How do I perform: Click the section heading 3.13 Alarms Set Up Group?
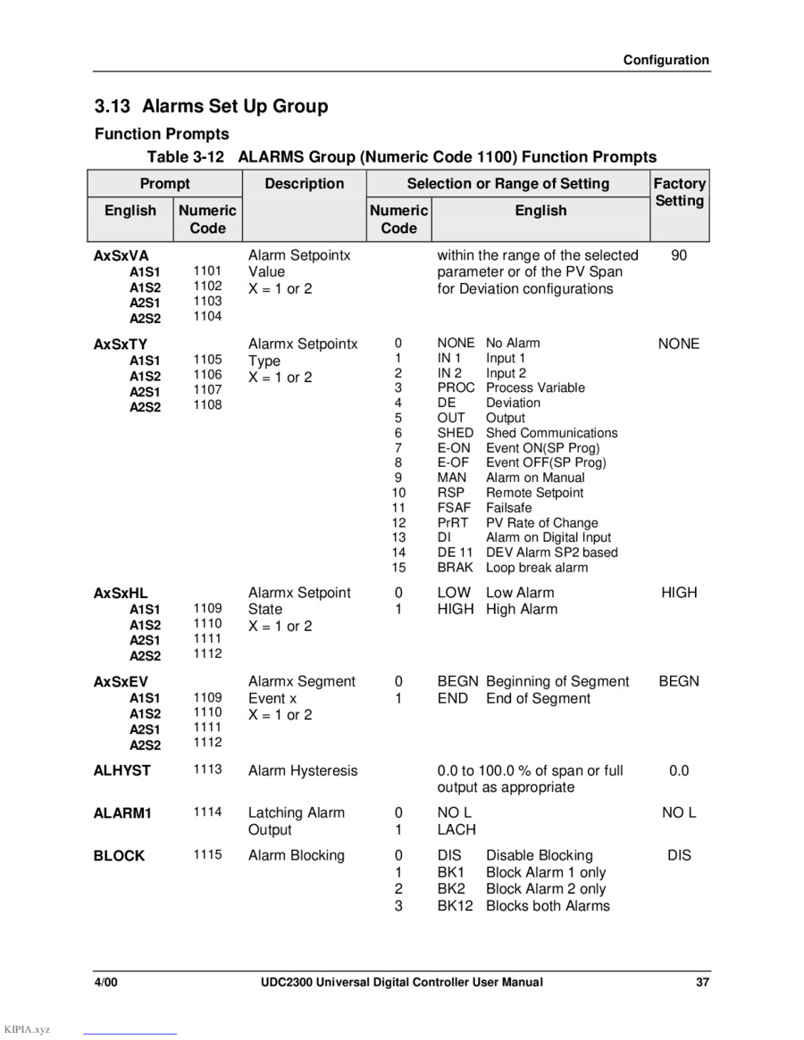(x=212, y=106)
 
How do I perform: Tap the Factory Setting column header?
(x=679, y=192)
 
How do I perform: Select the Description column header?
(x=304, y=184)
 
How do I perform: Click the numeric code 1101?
(x=207, y=270)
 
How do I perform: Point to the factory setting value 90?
(x=679, y=255)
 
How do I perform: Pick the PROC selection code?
(x=456, y=387)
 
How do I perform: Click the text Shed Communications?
(x=551, y=433)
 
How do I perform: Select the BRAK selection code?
(x=456, y=568)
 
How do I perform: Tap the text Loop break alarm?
(x=537, y=568)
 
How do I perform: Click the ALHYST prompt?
(x=122, y=770)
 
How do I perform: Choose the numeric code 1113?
(x=207, y=770)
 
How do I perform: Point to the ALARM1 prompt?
(x=123, y=813)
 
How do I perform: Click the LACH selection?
(x=456, y=829)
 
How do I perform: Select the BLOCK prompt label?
(x=119, y=856)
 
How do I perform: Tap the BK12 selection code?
(x=456, y=906)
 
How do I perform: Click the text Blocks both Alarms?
(x=548, y=906)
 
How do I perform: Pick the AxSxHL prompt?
(x=121, y=593)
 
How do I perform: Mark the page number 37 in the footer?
(x=703, y=983)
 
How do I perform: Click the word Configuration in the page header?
(x=666, y=60)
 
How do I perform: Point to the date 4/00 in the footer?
(x=106, y=983)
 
